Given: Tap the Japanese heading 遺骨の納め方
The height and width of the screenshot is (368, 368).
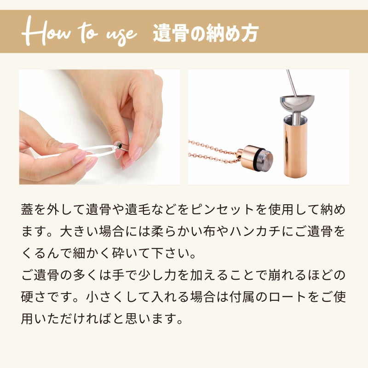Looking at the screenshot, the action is click(206, 34).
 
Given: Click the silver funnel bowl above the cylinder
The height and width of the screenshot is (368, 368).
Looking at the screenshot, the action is click(297, 102).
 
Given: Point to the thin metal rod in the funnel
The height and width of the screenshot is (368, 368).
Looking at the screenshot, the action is click(291, 83).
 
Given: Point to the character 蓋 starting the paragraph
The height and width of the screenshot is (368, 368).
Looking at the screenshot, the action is click(27, 210).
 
